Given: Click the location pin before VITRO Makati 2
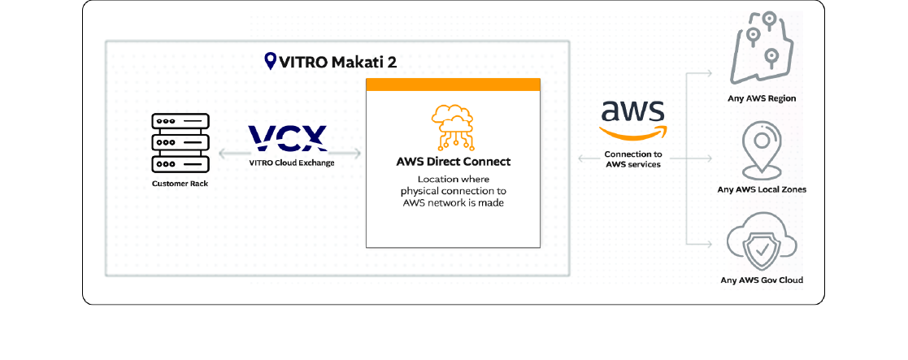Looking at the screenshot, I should (x=271, y=61).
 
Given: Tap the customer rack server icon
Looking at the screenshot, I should (x=179, y=143).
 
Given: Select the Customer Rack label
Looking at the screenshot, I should (x=180, y=184).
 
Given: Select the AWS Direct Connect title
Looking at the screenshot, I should (x=452, y=162).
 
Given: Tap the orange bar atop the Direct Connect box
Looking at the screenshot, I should (x=453, y=85).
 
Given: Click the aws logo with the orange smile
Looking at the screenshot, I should (x=632, y=120).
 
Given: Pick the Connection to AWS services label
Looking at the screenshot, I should (x=633, y=159).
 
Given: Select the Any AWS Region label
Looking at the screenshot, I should (x=762, y=98).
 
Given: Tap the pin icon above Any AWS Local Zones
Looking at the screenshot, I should (x=762, y=150).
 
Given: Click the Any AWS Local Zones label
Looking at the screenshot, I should (x=762, y=189).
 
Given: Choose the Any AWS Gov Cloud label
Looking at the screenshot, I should (x=762, y=280).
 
